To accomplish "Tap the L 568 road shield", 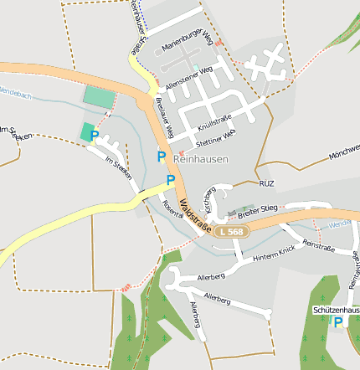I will click(x=231, y=230).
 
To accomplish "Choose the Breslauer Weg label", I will click(x=164, y=117).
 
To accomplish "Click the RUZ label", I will click(x=267, y=182).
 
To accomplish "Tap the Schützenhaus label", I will click(x=336, y=310).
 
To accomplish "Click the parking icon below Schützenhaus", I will click(x=338, y=321).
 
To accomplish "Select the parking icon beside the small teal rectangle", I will click(x=95, y=135).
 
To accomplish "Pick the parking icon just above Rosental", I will click(x=171, y=180).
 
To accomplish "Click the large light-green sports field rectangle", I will click(x=98, y=96).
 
